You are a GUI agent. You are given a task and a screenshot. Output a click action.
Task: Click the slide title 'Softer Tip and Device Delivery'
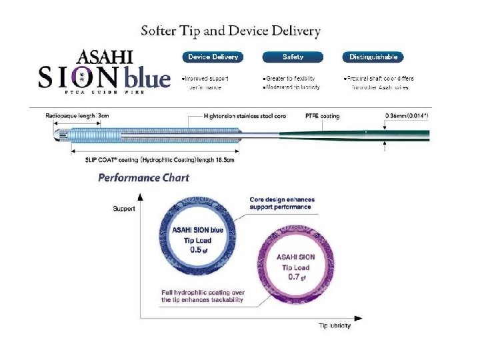pos(231,31)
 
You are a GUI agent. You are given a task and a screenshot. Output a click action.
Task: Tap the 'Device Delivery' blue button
pos(213,57)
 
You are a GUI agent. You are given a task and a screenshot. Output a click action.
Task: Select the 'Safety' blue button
pos(293,57)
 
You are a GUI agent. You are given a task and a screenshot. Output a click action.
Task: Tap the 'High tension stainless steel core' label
pos(245,116)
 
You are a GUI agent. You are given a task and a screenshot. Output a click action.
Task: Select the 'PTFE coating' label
pos(321,116)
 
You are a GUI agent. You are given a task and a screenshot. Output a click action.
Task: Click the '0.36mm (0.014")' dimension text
pos(407,116)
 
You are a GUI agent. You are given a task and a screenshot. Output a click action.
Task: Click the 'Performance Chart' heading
pos(143,177)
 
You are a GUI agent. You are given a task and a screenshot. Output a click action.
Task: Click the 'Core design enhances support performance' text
pos(282,203)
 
